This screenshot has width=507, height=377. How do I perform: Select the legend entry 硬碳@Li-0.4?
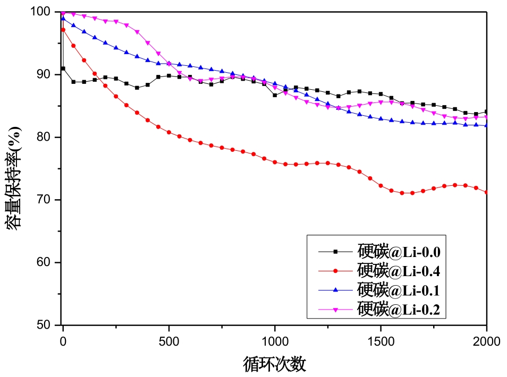coord(399,271)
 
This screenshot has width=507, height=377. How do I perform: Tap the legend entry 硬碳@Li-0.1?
coord(399,290)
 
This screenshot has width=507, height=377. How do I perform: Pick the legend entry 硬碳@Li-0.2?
coord(399,309)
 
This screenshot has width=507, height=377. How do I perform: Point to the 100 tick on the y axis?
coord(42,12)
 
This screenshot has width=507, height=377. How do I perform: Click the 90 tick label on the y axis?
coord(45,74)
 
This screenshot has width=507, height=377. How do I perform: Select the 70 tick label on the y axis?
coord(45,200)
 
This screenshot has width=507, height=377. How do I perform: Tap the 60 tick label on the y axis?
coord(45,262)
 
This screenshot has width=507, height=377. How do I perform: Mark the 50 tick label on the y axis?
coord(45,325)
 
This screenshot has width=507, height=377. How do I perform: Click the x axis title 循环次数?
coord(274,364)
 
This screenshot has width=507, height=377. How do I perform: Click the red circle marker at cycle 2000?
coord(486,192)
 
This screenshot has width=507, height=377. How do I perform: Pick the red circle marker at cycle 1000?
coord(275,162)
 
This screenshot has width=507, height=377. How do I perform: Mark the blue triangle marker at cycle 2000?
coord(486,125)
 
